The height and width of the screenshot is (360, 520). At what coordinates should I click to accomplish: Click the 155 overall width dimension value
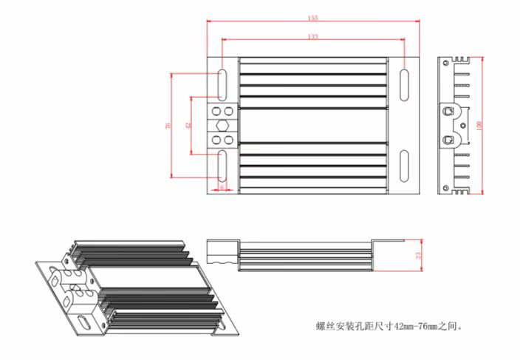313,18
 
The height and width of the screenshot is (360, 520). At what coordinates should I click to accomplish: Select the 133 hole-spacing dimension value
313,35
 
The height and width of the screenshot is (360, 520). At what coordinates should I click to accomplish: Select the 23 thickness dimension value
417,255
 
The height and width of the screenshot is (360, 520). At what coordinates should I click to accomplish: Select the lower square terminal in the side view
448,138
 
